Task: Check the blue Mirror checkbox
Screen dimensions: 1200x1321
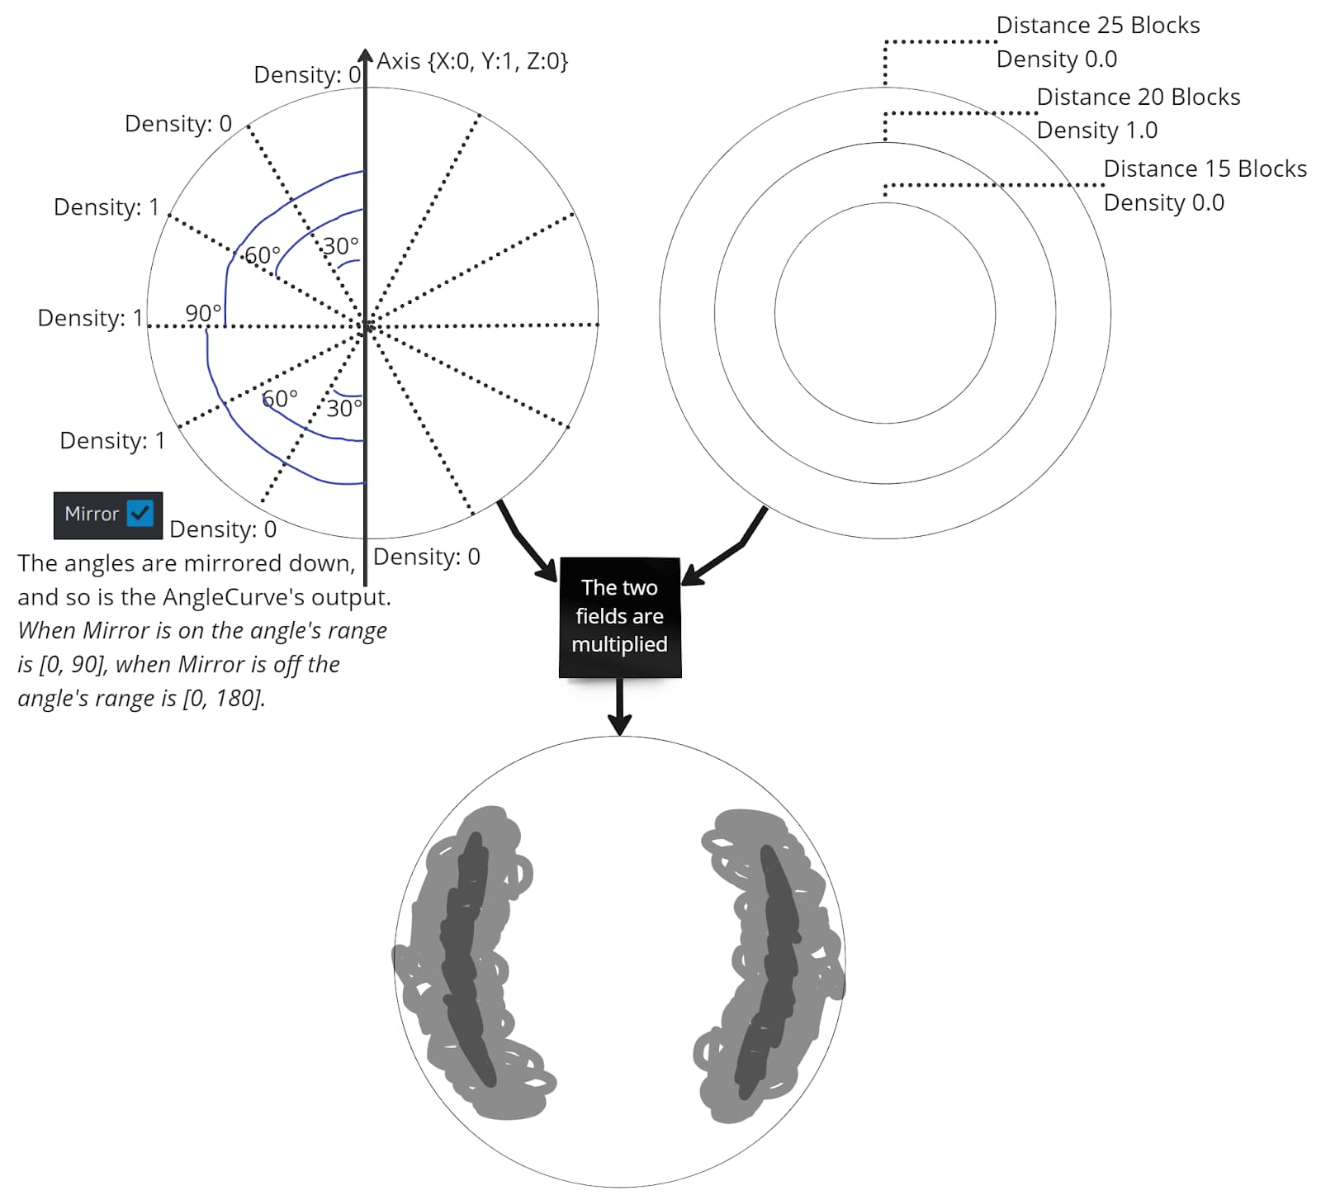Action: pos(140,514)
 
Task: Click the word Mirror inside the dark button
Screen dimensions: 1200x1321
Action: pos(92,514)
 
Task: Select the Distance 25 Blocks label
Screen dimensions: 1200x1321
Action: pos(1097,26)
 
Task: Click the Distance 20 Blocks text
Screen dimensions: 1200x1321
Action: pos(1138,97)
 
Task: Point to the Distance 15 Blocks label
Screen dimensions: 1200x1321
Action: pos(1205,169)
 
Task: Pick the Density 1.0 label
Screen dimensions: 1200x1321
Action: pos(1096,130)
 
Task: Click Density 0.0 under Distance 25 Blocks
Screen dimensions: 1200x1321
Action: pos(1056,59)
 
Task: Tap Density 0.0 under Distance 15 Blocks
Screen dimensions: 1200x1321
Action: pos(1163,203)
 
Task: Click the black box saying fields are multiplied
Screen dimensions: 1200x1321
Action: pos(619,617)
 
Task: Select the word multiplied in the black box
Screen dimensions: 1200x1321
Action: pos(619,644)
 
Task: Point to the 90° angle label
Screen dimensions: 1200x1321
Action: pos(203,314)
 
